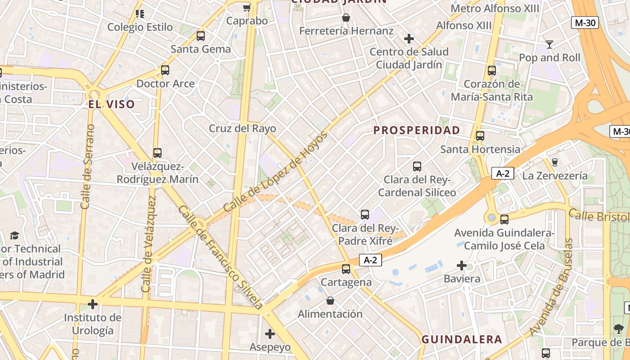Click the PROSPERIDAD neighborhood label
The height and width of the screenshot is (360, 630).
pos(417,130)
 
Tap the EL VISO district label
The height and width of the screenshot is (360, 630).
pos(111,104)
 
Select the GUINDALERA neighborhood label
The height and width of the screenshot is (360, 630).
pos(462,340)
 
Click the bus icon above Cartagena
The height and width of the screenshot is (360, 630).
pos(346,269)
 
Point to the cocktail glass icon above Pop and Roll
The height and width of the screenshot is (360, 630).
pos(549,44)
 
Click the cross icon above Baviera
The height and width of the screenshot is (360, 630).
pos(461,265)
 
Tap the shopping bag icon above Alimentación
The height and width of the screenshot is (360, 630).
pos(330,301)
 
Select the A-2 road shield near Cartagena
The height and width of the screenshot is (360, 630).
pos(370,260)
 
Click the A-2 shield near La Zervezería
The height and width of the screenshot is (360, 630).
pos(502,173)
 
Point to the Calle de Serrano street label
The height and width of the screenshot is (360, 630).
pos(88,166)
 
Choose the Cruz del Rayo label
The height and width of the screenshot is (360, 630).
pos(242,128)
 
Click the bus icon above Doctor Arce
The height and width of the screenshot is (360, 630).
pos(165,70)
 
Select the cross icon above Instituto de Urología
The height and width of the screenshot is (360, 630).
pos(93,304)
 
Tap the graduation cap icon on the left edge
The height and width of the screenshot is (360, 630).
pos(14,235)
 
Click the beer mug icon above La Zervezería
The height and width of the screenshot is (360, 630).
pos(554,162)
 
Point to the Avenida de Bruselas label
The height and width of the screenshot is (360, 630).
pos(552,288)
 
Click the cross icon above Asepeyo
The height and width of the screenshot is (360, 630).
pos(270,334)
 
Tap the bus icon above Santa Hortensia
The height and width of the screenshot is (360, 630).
pos(480,135)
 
